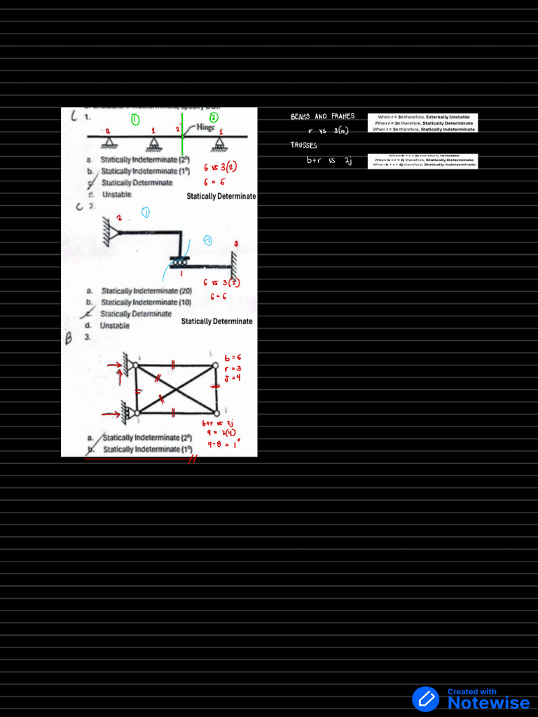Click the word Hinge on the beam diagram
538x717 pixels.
click(207, 127)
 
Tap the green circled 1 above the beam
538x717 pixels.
click(135, 118)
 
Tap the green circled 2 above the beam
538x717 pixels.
click(214, 117)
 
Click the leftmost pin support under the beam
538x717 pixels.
click(109, 142)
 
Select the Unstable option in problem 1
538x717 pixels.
click(116, 195)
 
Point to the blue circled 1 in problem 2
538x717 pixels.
click(146, 212)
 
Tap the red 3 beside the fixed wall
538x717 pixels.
click(236, 244)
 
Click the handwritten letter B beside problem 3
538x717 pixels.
click(69, 339)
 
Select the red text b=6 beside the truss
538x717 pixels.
click(233, 358)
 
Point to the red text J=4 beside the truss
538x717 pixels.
click(233, 378)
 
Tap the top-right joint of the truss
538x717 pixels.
click(216, 363)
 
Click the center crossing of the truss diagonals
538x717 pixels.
click(176, 387)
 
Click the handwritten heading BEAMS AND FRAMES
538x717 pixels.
click(323, 116)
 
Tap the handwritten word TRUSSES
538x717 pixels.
click(304, 146)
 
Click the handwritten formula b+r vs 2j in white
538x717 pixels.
click(329, 160)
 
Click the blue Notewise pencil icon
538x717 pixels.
click(425, 699)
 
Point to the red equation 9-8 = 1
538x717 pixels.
click(223, 443)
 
